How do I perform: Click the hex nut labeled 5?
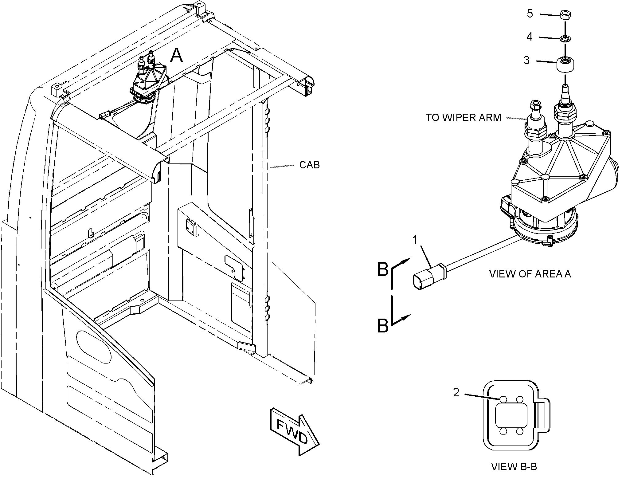tap(565, 15)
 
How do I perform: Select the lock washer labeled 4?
tap(565, 39)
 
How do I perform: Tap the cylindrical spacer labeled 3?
tap(565, 64)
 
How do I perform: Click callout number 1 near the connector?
tap(415, 240)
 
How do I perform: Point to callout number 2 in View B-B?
tap(456, 392)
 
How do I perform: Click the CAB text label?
tap(309, 165)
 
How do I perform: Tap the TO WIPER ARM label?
tap(463, 117)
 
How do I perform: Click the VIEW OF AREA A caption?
tap(530, 274)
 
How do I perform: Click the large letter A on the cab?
tap(177, 56)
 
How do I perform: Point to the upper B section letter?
tap(383, 269)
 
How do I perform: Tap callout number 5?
tap(530, 14)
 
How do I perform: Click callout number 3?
tap(526, 61)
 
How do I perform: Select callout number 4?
tap(529, 37)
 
